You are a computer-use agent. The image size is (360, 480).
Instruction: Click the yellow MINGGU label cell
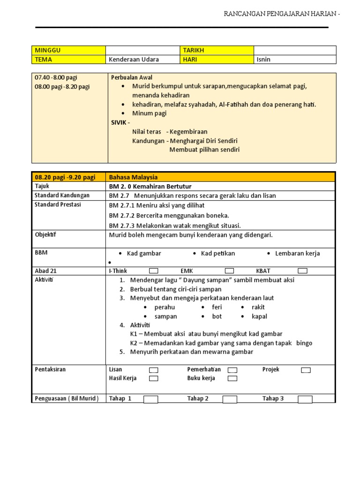[x=68, y=50]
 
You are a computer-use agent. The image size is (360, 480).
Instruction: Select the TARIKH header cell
[x=217, y=50]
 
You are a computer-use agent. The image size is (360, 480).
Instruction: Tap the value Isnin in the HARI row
[x=264, y=60]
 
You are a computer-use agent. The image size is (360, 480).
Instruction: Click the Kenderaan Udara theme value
[x=134, y=60]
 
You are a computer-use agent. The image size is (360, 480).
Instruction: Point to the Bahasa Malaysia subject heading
[x=133, y=177]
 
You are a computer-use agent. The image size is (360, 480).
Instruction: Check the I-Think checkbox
[x=153, y=271]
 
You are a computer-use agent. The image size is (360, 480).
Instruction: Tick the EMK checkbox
[x=229, y=271]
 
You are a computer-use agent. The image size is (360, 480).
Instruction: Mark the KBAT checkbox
[x=302, y=271]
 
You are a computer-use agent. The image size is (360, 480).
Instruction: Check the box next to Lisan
[x=153, y=370]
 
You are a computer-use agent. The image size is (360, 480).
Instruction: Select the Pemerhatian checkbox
[x=232, y=370]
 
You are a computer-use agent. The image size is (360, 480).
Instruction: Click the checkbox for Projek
[x=306, y=370]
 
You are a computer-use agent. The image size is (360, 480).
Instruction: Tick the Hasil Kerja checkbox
[x=153, y=378]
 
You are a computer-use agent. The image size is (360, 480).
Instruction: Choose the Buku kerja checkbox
[x=232, y=378]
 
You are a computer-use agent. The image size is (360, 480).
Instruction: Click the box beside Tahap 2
[x=230, y=399]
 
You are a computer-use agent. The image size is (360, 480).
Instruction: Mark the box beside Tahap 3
[x=305, y=399]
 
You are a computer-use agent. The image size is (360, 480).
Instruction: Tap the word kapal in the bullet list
[x=259, y=316]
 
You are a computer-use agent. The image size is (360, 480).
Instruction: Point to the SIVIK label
[x=120, y=122]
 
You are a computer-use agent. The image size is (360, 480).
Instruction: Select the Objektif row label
[x=45, y=235]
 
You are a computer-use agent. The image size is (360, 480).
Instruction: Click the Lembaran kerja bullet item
[x=297, y=253]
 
